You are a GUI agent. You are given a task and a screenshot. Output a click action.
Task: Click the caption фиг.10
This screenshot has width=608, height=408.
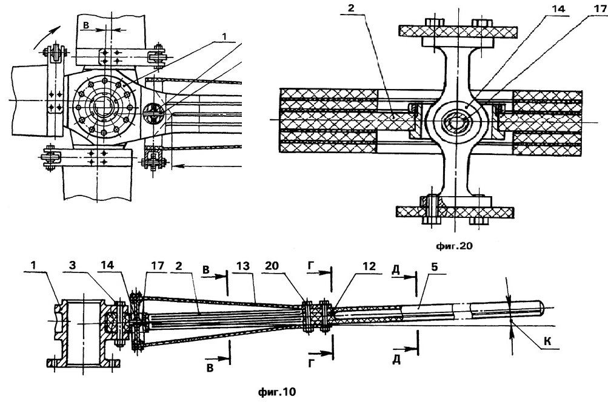tap(276, 392)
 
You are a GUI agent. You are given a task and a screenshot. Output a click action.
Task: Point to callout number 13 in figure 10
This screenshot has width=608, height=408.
tap(244, 266)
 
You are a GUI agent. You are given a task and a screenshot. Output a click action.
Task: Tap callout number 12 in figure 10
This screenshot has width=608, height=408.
tap(369, 266)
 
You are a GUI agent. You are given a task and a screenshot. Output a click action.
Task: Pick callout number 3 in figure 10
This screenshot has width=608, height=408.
tap(72, 266)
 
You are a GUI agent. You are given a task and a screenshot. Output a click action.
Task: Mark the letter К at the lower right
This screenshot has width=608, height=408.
tap(547, 341)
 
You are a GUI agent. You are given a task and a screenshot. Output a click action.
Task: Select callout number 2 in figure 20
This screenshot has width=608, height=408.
tap(351, 8)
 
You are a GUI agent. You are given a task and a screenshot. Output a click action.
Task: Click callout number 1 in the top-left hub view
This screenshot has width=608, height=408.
tap(224, 35)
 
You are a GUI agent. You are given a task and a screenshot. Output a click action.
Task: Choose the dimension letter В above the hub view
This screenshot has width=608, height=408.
tap(87, 25)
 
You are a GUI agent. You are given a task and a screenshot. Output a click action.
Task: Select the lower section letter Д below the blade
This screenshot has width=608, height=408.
tap(396, 360)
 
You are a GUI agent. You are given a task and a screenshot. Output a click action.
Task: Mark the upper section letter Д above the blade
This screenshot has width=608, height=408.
tap(395, 270)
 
